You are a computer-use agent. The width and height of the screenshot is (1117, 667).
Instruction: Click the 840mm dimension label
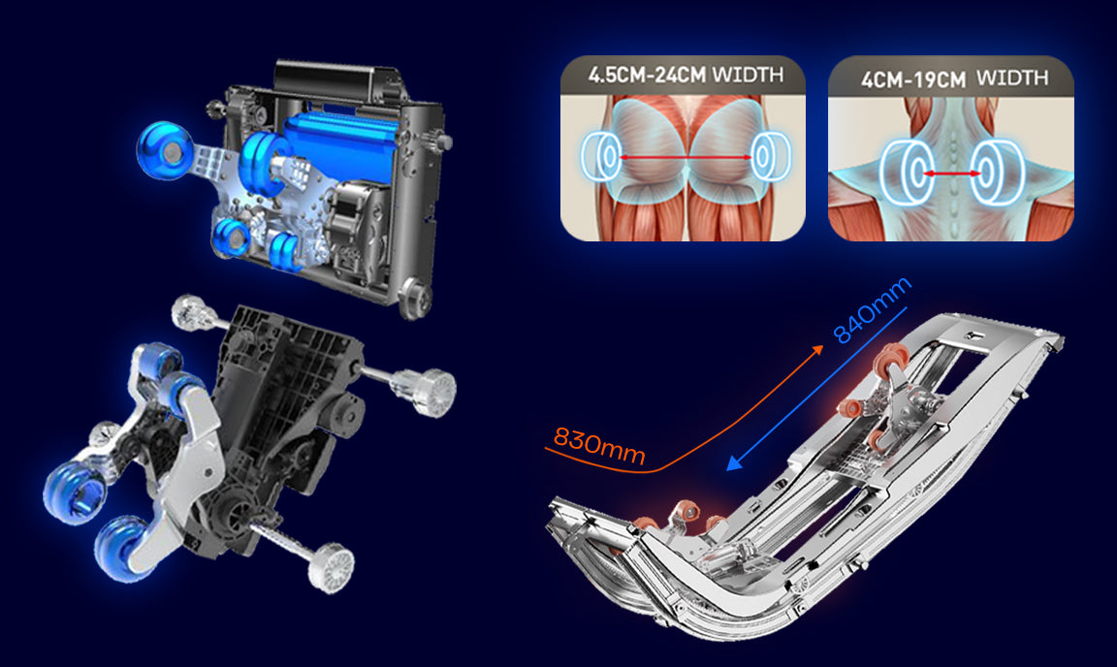click(x=872, y=309)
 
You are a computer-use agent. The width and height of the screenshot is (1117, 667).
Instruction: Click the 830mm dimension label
click(x=599, y=445)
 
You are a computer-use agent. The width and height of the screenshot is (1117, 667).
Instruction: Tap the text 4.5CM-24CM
click(x=647, y=75)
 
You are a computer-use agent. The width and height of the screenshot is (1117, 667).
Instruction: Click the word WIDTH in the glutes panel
click(x=748, y=74)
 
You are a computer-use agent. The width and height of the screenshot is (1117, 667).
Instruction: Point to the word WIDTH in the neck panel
click(x=1012, y=77)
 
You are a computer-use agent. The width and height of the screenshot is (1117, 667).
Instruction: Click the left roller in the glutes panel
click(x=601, y=156)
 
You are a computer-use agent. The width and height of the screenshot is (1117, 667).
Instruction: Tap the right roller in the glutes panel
click(x=769, y=156)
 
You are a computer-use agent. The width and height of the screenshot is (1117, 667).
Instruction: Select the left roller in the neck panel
click(x=904, y=173)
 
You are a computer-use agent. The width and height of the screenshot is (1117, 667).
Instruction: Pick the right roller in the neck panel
click(x=998, y=173)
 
